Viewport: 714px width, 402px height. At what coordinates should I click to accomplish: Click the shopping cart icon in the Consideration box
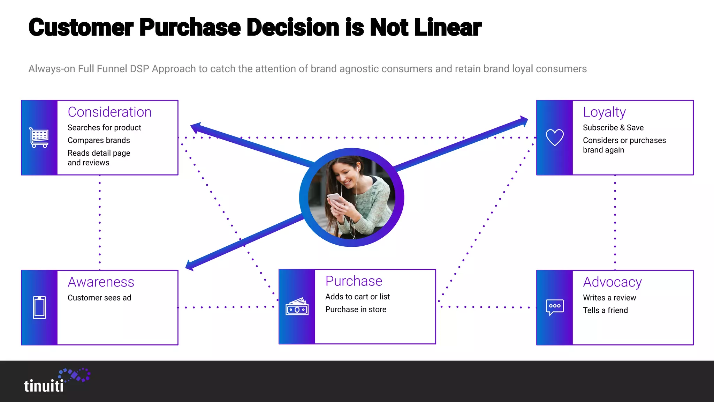39,137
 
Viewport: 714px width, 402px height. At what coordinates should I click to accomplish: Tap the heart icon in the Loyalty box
554,137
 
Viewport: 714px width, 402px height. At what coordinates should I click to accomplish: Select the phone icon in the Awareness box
39,307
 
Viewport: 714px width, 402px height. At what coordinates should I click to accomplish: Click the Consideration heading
109,112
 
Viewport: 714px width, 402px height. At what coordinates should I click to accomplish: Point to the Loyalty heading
604,112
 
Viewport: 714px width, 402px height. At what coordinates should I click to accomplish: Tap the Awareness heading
101,282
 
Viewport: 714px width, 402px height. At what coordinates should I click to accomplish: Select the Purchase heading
354,281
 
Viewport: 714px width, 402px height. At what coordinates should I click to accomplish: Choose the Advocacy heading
612,282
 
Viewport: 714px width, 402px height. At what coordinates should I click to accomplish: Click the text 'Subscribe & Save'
613,128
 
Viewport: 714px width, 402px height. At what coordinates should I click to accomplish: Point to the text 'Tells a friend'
605,310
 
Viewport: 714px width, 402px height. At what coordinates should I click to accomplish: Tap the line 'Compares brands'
99,140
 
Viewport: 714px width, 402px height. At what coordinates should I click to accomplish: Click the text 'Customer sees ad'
99,298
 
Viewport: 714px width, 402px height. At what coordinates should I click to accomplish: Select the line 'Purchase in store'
356,310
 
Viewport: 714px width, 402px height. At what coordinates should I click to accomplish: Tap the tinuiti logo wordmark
44,386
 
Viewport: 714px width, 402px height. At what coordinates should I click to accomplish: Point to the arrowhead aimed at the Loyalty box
524,121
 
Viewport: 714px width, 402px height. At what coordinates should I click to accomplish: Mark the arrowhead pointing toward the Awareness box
190,265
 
